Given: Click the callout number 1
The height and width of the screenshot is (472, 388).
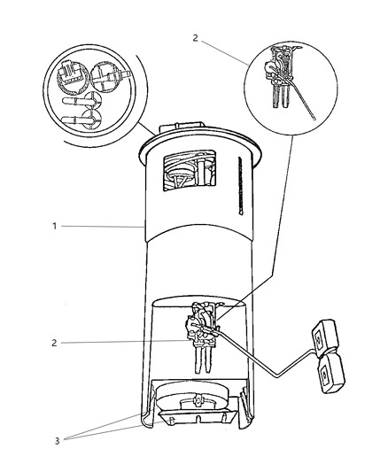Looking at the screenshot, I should coord(54,227).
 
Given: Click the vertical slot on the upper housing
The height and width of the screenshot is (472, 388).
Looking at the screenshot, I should coord(240,185).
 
